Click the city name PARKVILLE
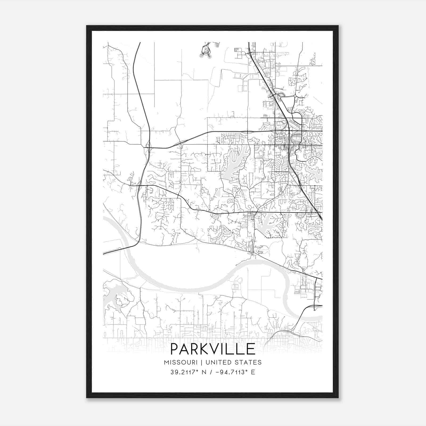[213, 349]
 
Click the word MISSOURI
[181, 362]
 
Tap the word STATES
[248, 362]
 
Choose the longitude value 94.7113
[231, 372]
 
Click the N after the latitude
[204, 372]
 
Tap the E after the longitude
[253, 372]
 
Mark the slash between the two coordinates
[211, 372]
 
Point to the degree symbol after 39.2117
[198, 370]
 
